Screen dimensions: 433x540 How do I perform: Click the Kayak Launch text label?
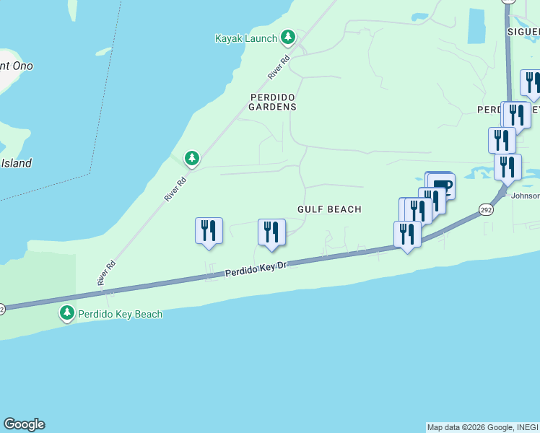245,38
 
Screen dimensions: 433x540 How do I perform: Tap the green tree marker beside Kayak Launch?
288,37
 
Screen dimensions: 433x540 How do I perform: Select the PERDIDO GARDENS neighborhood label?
273,102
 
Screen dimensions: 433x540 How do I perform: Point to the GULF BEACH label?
329,209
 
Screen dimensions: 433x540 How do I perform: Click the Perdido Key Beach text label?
121,314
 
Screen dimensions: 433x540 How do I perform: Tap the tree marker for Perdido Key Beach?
67,313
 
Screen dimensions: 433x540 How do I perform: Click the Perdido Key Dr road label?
256,270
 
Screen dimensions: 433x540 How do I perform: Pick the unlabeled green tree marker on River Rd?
191,157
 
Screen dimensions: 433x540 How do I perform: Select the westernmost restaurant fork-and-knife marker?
209,231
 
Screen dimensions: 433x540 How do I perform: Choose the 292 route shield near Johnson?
485,209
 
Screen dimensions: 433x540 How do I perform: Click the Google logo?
24,424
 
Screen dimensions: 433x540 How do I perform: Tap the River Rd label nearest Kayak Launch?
279,67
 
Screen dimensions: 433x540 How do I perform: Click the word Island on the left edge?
16,163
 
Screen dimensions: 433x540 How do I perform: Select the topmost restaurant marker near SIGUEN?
532,83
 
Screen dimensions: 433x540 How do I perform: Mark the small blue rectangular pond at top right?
476,27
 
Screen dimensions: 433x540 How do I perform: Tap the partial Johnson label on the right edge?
525,196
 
